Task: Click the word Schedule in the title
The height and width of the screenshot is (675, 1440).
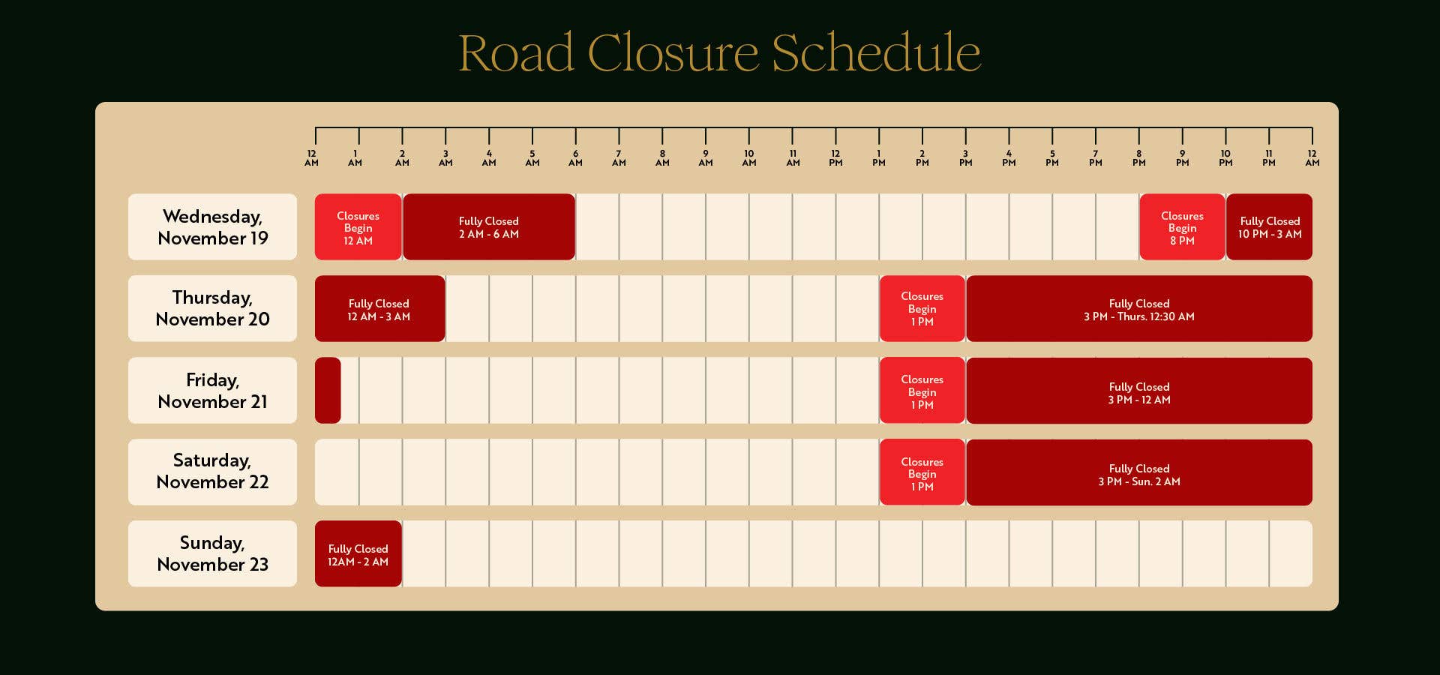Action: click(x=875, y=53)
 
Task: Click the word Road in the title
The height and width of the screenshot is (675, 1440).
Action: click(x=516, y=53)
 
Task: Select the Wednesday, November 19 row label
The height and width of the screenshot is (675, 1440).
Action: click(x=212, y=227)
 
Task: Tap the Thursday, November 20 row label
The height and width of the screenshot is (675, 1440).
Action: click(x=212, y=308)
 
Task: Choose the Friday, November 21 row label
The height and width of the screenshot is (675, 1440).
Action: click(x=212, y=391)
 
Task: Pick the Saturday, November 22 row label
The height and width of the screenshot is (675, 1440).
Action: click(x=212, y=472)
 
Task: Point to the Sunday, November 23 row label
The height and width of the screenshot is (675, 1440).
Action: click(x=212, y=553)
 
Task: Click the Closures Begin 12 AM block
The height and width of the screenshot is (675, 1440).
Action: click(x=358, y=227)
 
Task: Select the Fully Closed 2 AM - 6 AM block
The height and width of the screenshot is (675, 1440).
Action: click(x=488, y=227)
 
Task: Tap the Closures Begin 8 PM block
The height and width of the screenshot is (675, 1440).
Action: click(x=1182, y=227)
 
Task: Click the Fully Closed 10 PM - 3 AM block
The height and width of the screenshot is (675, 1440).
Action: click(x=1269, y=227)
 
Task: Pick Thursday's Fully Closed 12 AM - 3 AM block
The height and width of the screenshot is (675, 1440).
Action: click(x=379, y=309)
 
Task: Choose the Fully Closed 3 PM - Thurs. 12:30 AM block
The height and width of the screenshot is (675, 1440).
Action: click(x=1138, y=309)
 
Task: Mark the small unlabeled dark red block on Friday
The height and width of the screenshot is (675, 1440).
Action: click(x=328, y=391)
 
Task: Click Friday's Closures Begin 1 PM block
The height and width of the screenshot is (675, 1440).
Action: click(x=922, y=391)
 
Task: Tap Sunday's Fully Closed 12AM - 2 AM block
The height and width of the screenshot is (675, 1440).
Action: click(x=358, y=554)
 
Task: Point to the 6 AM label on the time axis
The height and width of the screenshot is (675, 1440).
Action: click(x=575, y=158)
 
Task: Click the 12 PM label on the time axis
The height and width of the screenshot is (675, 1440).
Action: click(x=835, y=158)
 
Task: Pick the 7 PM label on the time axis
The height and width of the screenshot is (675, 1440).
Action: click(x=1096, y=158)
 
